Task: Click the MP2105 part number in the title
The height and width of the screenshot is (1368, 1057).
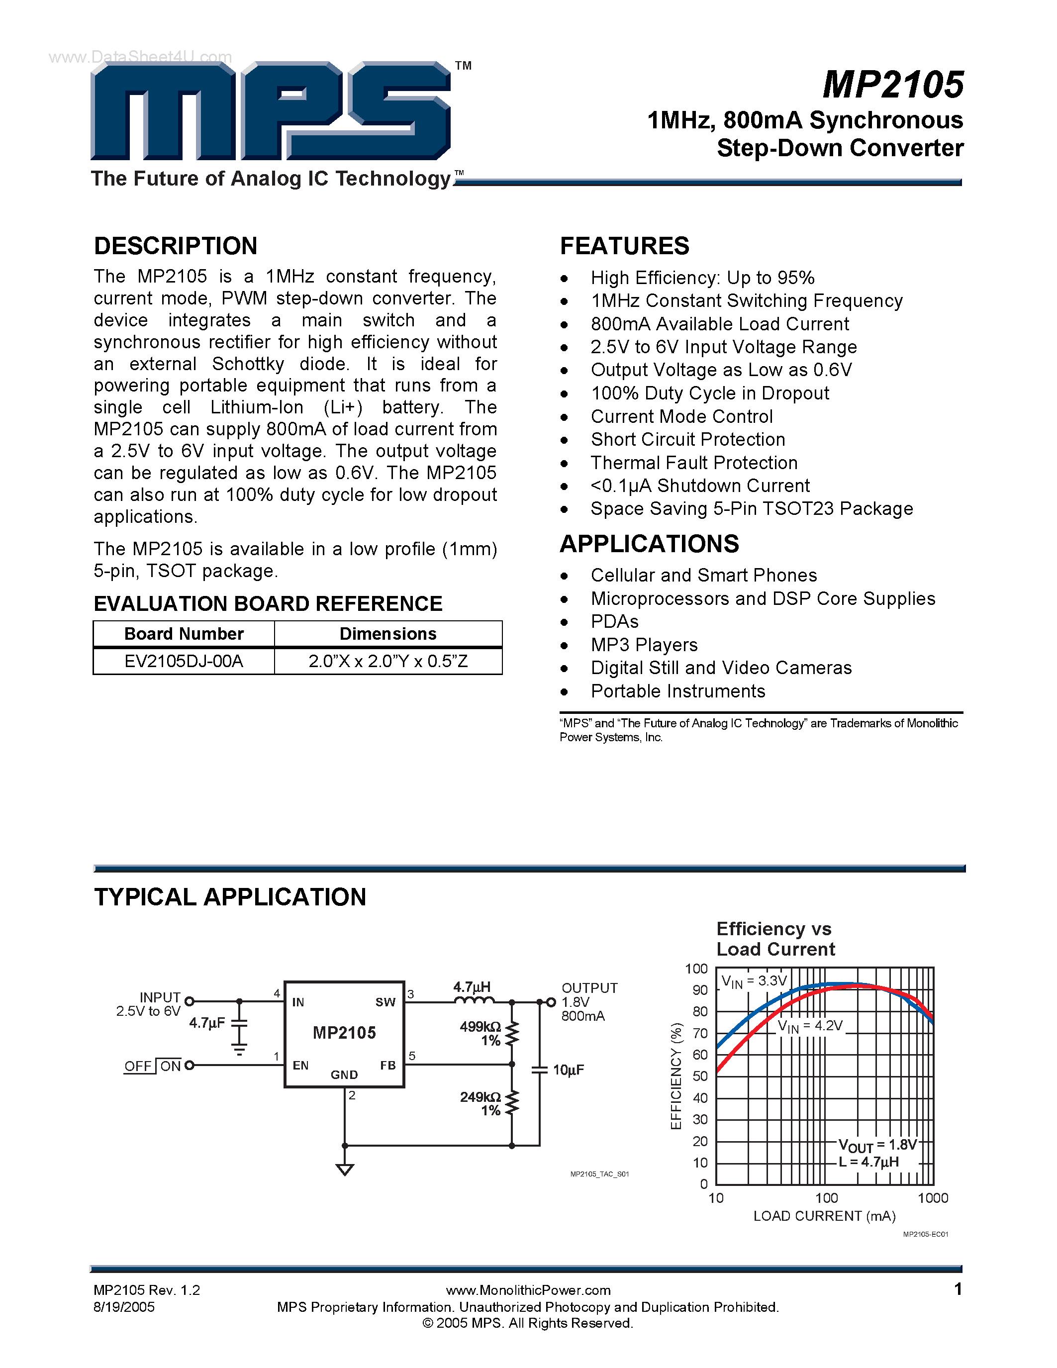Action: point(893,85)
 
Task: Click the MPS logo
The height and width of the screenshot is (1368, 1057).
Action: point(271,111)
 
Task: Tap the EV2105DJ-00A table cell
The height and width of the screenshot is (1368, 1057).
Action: point(184,662)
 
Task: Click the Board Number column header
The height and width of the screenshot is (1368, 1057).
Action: point(184,634)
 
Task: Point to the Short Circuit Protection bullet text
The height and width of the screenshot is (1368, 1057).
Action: point(687,440)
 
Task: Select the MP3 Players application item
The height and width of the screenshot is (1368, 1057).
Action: point(644,645)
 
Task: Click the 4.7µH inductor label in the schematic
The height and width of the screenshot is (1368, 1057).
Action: point(472,987)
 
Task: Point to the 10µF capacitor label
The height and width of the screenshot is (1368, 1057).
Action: point(568,1070)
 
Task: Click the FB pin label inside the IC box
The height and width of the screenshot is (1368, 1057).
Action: point(387,1066)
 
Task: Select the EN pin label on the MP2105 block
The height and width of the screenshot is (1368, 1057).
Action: point(300,1066)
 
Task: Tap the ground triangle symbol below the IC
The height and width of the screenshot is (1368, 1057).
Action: point(344,1169)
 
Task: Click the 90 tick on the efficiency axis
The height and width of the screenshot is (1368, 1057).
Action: point(699,990)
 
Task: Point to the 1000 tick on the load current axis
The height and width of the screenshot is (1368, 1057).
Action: point(932,1198)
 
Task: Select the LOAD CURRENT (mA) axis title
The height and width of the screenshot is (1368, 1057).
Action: point(824,1216)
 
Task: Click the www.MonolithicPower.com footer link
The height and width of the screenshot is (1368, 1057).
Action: point(528,1290)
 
